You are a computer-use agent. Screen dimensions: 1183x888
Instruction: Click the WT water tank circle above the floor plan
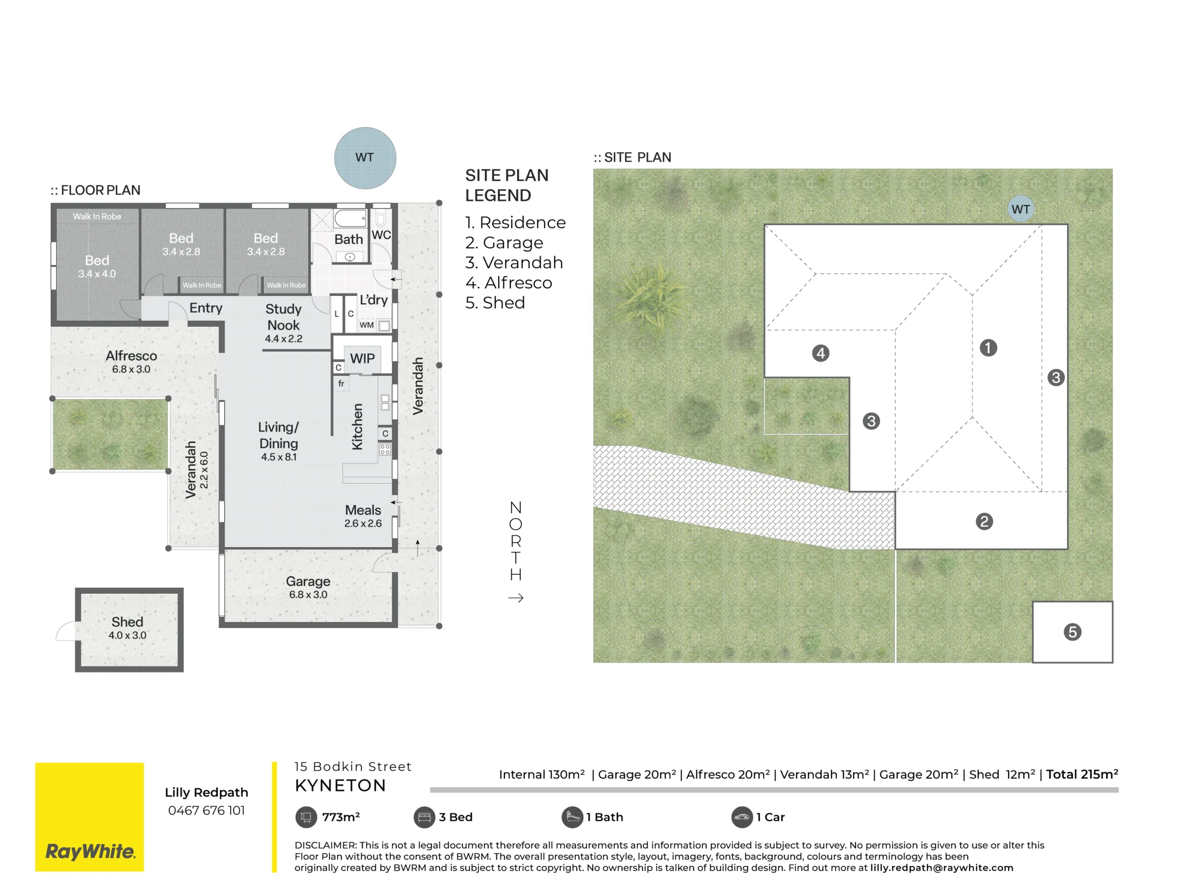365,158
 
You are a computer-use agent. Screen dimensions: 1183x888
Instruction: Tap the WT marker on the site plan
1020,209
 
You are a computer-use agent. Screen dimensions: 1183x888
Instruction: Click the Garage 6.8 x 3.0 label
308,587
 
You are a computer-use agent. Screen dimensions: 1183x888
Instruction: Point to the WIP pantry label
362,358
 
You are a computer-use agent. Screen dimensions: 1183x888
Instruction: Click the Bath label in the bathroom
348,239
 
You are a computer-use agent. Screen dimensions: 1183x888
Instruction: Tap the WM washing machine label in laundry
367,325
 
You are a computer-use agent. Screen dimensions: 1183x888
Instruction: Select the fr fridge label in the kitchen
341,384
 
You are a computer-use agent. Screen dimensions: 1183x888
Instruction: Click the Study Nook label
283,317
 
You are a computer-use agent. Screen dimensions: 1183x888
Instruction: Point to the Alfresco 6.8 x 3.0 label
131,362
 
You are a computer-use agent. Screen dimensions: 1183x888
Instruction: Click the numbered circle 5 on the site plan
1072,632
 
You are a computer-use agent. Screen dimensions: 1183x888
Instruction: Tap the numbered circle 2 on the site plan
984,522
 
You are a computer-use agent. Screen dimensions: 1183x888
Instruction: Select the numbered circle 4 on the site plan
820,353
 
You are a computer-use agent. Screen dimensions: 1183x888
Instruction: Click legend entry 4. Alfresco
509,282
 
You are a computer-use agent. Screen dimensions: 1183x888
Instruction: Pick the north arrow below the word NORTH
516,598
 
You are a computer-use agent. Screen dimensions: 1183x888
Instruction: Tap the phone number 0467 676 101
206,810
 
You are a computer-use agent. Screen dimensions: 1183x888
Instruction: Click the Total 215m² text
1082,774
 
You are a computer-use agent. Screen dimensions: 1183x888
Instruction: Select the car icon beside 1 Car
742,817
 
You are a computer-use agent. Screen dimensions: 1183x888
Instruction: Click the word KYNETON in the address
340,786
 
